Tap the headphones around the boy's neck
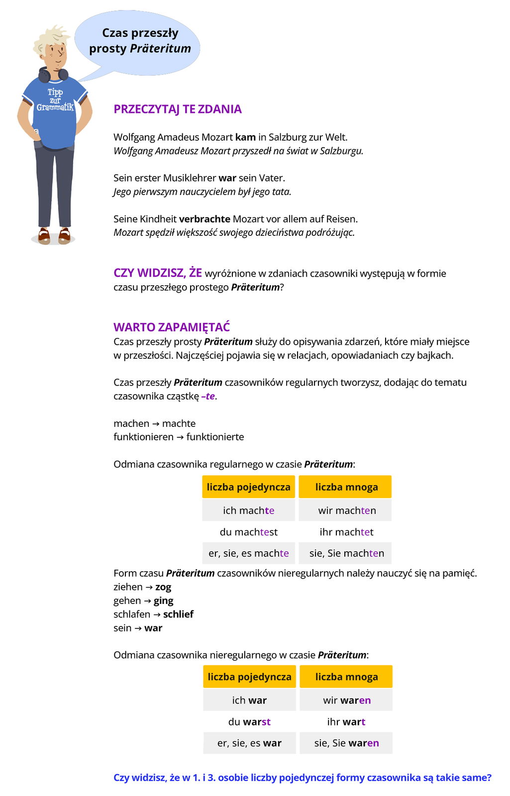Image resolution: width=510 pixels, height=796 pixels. point(53,75)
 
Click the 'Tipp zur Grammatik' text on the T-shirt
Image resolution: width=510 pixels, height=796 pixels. point(55,100)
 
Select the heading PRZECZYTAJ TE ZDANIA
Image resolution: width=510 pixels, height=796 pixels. point(178,109)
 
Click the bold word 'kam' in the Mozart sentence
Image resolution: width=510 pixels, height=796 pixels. point(245,137)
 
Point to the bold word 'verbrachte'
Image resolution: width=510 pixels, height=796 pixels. point(204,219)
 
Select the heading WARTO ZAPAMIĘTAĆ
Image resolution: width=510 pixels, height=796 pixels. point(172,327)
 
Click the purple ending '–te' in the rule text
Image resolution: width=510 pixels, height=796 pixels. point(209,397)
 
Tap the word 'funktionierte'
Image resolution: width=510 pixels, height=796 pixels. point(215,437)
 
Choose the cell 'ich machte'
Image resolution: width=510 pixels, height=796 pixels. point(248,510)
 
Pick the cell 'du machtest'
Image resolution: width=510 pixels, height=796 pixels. point(248,532)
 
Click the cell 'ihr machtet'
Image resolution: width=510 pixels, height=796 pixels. point(346,532)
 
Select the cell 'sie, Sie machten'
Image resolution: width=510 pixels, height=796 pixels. point(346,553)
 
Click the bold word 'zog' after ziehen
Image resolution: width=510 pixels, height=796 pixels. point(163,587)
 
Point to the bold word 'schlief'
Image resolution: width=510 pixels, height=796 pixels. point(178,614)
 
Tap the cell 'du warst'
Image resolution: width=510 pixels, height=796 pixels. point(249,722)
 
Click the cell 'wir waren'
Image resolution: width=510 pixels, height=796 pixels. point(347,700)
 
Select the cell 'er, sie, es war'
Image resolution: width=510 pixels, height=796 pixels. point(249,743)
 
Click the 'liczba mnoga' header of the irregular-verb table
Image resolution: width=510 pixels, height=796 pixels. point(346,677)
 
